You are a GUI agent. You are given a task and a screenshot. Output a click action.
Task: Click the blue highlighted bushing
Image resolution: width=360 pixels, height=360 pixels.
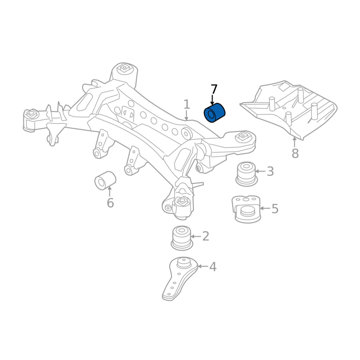click(x=215, y=113)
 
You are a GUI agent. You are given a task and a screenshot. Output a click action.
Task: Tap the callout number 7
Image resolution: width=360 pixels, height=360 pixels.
click(x=214, y=89)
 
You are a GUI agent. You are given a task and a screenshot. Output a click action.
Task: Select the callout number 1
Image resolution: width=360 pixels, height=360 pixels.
click(x=187, y=105)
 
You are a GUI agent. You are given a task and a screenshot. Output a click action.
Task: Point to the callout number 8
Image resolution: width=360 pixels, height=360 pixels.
click(x=295, y=153)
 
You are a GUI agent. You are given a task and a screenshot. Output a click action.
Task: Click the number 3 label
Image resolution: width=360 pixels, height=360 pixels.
click(x=270, y=171)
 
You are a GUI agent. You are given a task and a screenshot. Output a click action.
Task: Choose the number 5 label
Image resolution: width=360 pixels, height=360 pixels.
click(x=275, y=209)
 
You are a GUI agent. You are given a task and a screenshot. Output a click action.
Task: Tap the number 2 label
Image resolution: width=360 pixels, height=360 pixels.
click(x=206, y=236)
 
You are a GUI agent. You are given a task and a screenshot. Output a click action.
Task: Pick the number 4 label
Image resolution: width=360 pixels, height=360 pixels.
click(x=213, y=267)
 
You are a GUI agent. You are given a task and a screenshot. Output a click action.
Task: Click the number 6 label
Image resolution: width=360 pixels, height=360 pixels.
click(x=110, y=203)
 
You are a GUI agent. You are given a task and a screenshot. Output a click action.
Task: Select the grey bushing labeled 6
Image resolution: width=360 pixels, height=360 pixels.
click(x=105, y=180)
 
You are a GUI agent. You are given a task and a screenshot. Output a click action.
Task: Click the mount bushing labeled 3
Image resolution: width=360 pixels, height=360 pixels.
click(x=246, y=173)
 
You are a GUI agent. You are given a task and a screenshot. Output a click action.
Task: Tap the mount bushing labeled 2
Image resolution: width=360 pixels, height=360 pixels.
click(x=182, y=238)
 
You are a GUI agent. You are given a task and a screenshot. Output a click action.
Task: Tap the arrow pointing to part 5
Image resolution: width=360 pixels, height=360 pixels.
click(x=265, y=209)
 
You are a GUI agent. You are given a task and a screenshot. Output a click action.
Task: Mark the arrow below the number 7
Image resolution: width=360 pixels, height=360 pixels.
click(x=212, y=100)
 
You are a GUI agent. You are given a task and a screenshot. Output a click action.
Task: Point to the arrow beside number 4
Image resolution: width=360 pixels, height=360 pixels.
click(x=202, y=267)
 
